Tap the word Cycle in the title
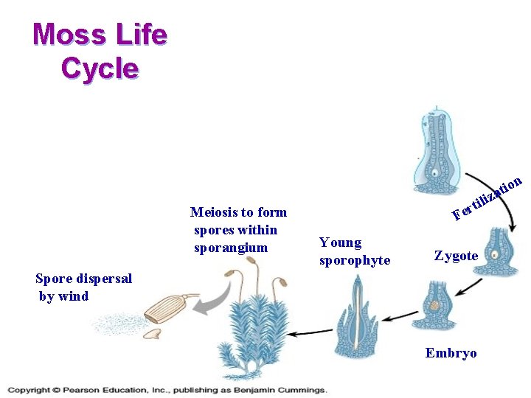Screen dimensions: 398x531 [100, 69]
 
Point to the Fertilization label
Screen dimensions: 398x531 [487, 198]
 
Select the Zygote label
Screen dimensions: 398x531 [456, 256]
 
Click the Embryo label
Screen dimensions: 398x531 [451, 353]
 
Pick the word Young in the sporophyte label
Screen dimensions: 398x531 [340, 242]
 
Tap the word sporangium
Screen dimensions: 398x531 [231, 248]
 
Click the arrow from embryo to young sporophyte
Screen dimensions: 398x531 [401, 318]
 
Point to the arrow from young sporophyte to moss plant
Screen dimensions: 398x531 [310, 333]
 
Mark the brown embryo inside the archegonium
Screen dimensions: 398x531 [435, 304]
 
